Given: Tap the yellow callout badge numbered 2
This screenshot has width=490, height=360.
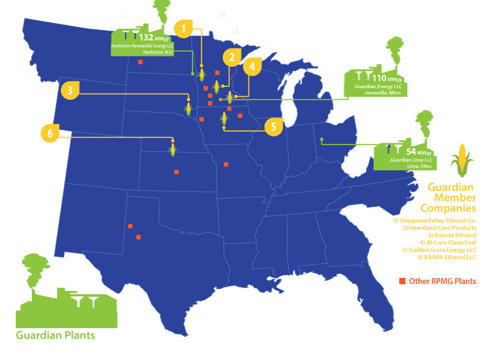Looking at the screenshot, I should pos(231,58).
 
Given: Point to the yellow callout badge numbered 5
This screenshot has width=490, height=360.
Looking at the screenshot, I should pos(274,127).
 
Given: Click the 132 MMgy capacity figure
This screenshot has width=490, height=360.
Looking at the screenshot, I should pos(151,37).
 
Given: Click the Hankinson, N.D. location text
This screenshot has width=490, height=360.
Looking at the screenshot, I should pos(159,52).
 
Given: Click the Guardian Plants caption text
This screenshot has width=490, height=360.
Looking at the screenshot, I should pos(56,336).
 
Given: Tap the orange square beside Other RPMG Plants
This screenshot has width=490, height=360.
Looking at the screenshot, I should pos(402,281).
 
